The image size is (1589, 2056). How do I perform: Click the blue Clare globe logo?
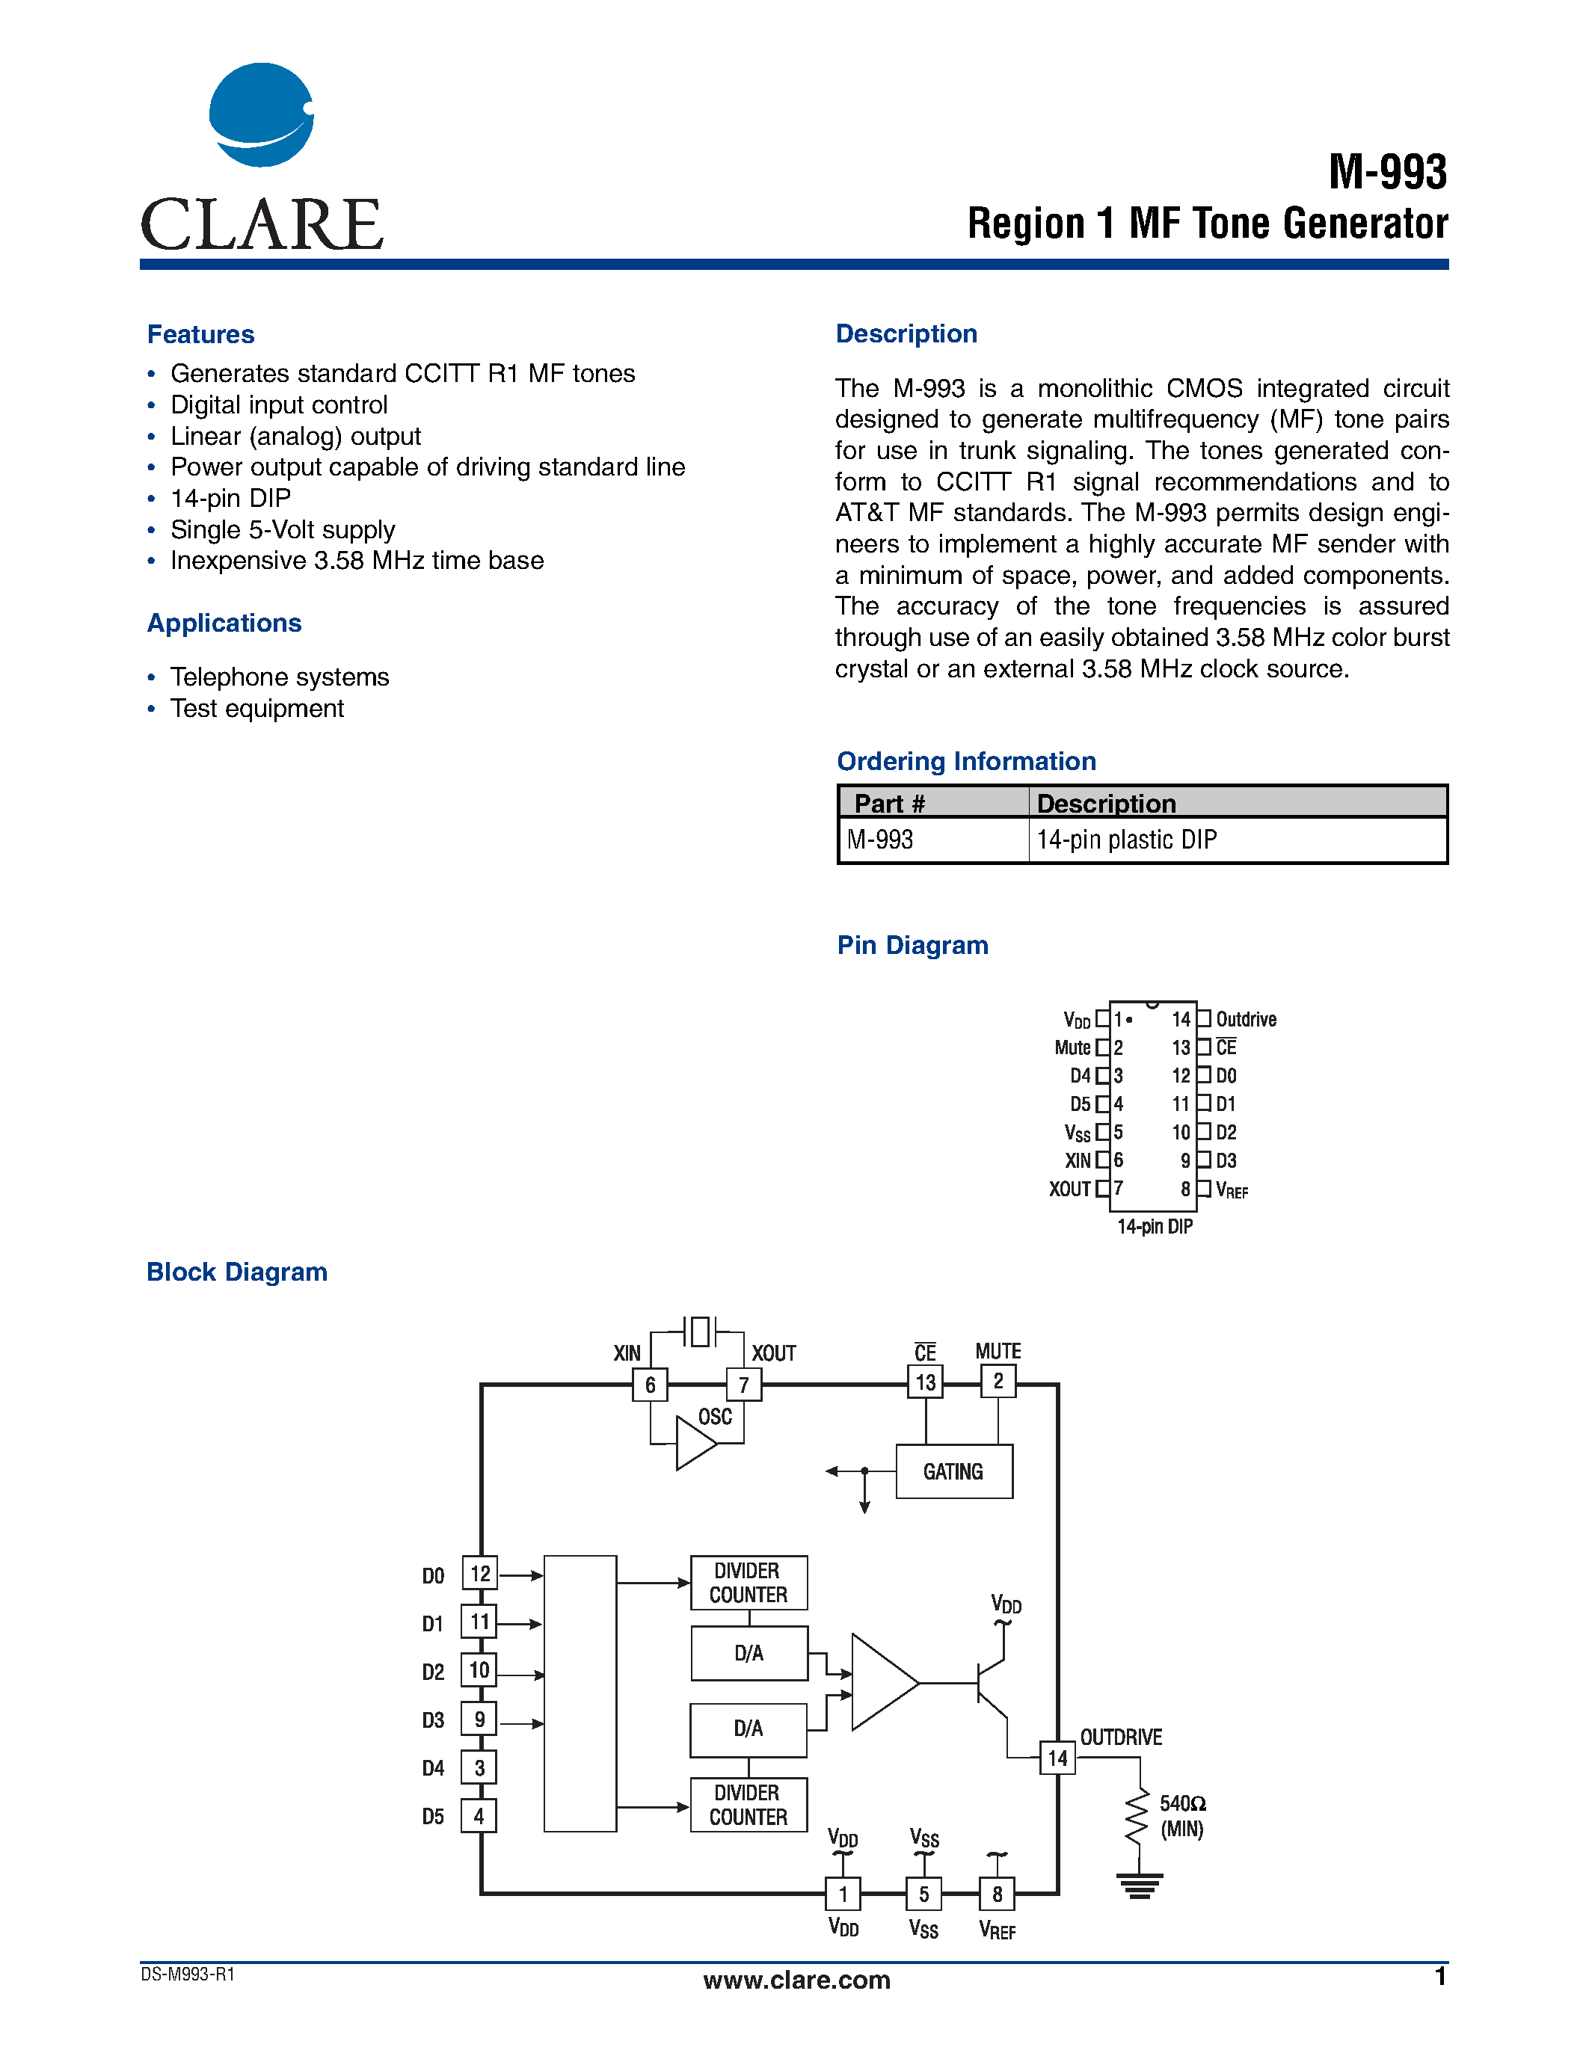261,115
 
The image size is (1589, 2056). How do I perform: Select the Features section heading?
200,334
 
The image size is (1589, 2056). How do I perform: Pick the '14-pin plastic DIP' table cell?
1126,840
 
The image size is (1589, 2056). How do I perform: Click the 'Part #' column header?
890,803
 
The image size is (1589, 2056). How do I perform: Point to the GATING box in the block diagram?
953,1471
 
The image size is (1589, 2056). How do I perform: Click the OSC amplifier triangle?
694,1443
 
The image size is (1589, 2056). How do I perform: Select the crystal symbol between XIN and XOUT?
698,1331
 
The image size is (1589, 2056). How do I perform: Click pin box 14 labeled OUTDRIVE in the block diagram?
1057,1758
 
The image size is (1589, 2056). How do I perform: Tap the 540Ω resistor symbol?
1138,1816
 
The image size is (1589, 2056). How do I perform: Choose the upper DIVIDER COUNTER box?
749,1583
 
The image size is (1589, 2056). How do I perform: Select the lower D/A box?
749,1729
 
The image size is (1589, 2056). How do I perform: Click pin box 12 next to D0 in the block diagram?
479,1573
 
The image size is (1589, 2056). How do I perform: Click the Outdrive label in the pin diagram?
1246,1020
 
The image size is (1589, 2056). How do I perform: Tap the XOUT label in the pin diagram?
1069,1189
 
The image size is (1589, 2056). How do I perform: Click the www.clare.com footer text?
796,1980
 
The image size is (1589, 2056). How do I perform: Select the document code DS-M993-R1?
188,1974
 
